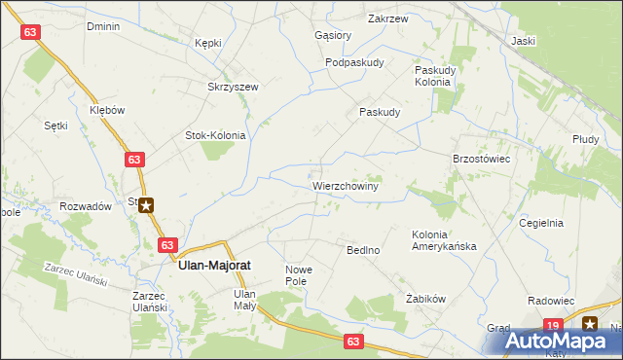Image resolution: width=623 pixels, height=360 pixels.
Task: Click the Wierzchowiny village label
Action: (345, 184)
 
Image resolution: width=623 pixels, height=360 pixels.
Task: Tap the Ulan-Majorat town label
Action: (217, 263)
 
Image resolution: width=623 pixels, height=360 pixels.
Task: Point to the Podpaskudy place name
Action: (354, 62)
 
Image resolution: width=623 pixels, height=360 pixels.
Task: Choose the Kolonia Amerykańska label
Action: (444, 240)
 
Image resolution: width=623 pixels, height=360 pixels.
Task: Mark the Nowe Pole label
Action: (300, 275)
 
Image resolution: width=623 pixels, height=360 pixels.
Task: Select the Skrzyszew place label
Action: (233, 87)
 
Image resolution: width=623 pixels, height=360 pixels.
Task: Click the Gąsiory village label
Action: (333, 35)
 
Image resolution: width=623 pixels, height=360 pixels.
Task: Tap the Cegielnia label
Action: (542, 222)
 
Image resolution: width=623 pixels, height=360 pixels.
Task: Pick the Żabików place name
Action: (425, 299)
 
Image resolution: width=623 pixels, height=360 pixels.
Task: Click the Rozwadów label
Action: (85, 206)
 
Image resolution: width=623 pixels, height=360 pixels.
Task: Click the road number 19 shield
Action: (553, 325)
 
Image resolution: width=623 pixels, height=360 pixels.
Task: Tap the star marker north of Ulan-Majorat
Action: (146, 204)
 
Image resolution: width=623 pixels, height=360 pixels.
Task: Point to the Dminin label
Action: (102, 26)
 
